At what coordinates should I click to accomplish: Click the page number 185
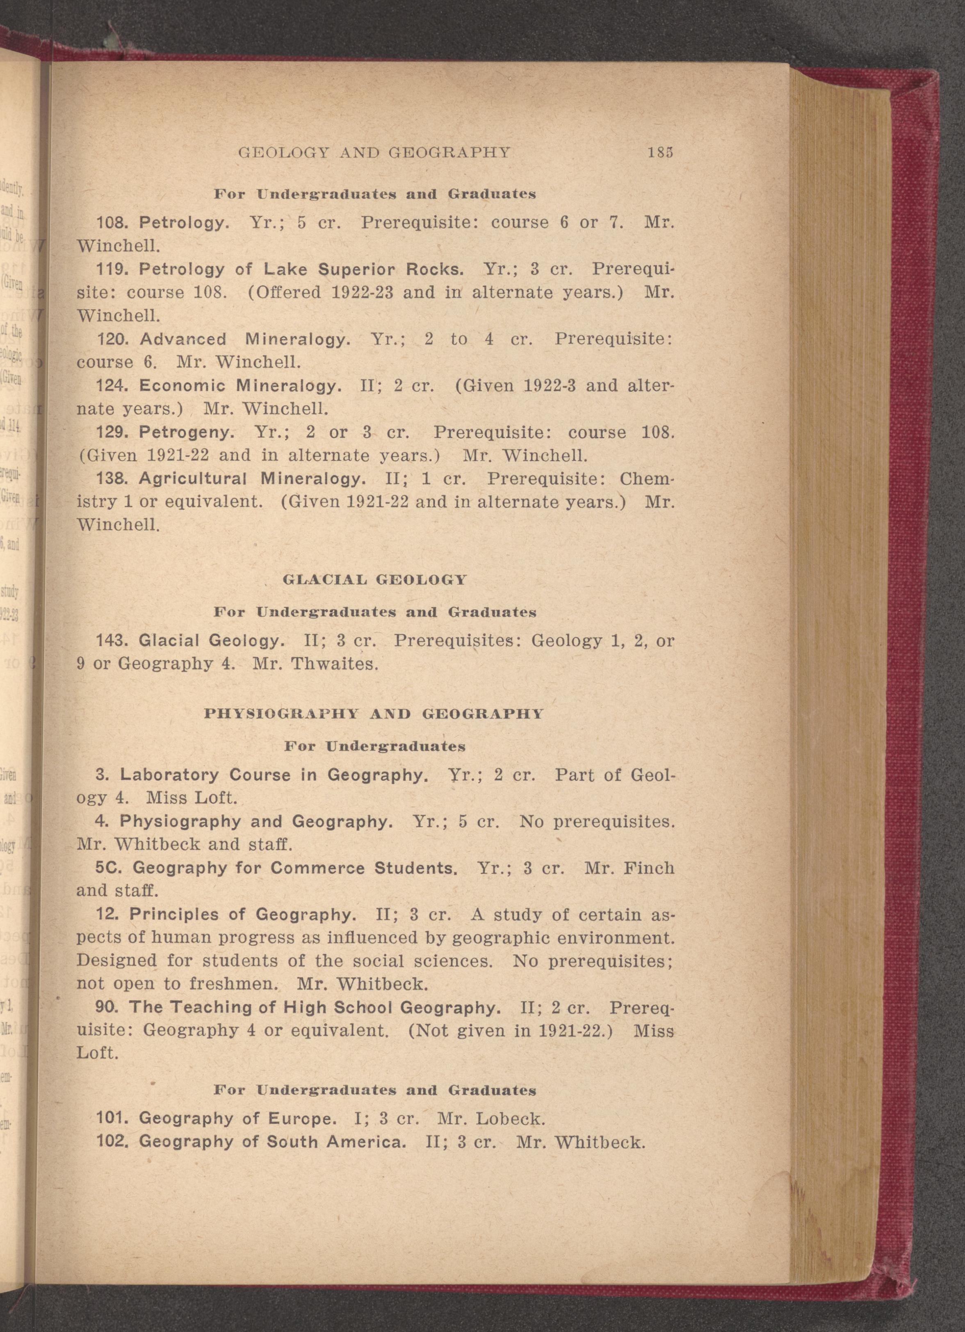pyautogui.click(x=660, y=152)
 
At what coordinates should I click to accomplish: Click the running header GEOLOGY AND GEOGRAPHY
pyautogui.click(x=374, y=153)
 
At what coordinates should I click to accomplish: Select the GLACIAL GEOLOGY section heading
pyautogui.click(x=374, y=580)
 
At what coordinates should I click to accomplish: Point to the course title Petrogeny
pyautogui.click(x=187, y=432)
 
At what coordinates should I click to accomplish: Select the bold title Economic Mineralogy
pyautogui.click(x=240, y=386)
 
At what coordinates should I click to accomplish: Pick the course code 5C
pyautogui.click(x=108, y=868)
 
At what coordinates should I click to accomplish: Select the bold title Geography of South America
pyautogui.click(x=272, y=1142)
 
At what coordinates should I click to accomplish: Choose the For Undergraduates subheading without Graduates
pyautogui.click(x=374, y=747)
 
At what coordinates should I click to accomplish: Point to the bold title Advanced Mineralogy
pyautogui.click(x=245, y=339)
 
